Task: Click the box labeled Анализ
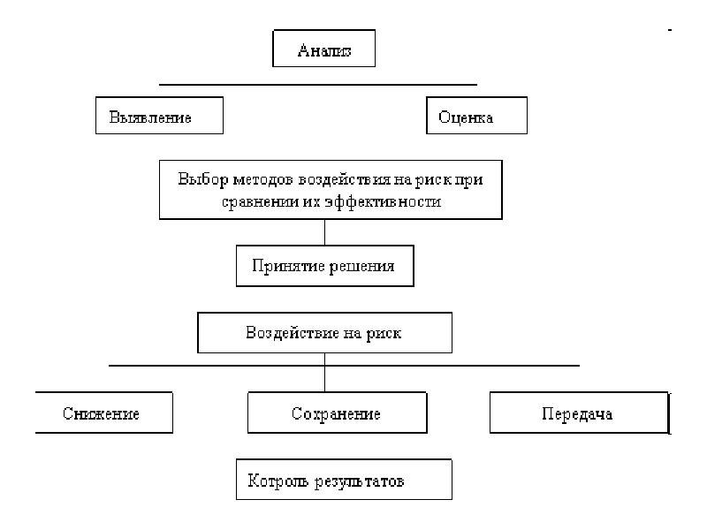pyautogui.click(x=323, y=49)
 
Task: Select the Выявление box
pyautogui.click(x=159, y=116)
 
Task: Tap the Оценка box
pyautogui.click(x=476, y=116)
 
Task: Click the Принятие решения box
pyautogui.click(x=325, y=266)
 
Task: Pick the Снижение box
pyautogui.click(x=103, y=413)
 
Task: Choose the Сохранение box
pyautogui.click(x=338, y=413)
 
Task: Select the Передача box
pyautogui.click(x=580, y=413)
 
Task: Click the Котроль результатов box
pyautogui.click(x=344, y=479)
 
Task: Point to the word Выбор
pyautogui.click(x=203, y=180)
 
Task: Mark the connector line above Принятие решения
pyautogui.click(x=324, y=232)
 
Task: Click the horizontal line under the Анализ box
pyautogui.click(x=318, y=84)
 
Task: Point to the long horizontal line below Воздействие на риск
pyautogui.click(x=344, y=366)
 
